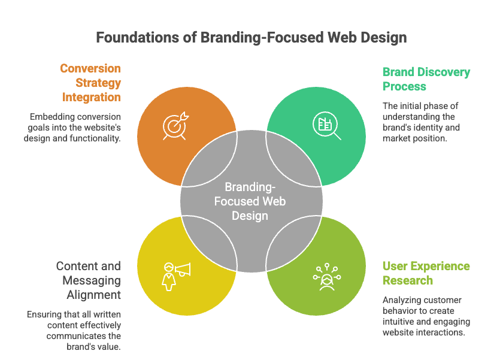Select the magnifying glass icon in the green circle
coord(326,125)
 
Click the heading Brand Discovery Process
coord(426,79)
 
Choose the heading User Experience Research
coord(426,273)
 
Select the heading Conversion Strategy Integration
coord(90,83)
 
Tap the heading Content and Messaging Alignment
coord(89,280)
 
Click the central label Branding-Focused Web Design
coord(251,201)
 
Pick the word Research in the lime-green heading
coord(408,280)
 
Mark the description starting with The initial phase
coord(421,122)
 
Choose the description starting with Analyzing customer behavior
coord(426,316)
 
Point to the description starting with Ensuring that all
coord(74,330)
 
